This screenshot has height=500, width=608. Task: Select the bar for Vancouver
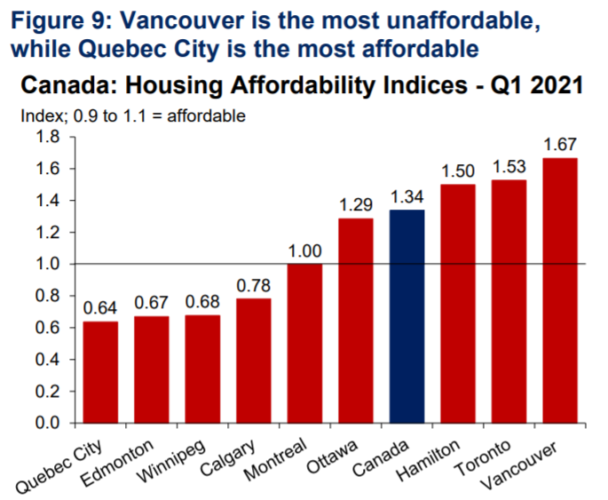(559, 290)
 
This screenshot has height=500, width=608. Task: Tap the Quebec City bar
(100, 372)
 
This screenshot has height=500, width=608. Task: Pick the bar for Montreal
(305, 344)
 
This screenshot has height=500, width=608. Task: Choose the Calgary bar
(254, 361)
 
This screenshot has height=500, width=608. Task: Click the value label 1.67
(559, 143)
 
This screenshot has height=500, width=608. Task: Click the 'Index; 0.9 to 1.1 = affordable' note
(133, 116)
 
